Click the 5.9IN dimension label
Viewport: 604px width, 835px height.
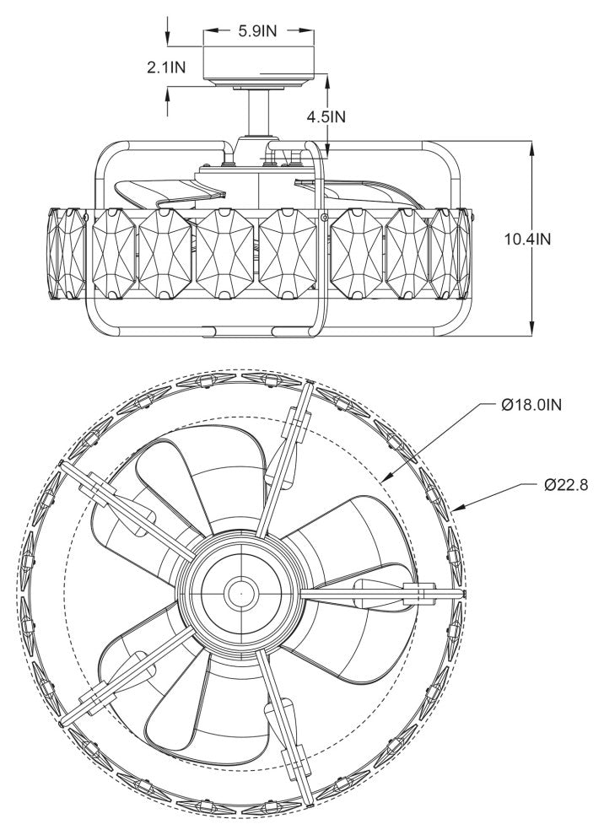(258, 31)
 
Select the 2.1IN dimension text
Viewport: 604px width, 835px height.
(167, 67)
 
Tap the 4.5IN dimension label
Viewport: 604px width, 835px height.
(326, 116)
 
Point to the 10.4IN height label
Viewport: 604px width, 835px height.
(528, 239)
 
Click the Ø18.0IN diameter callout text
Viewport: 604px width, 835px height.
(531, 405)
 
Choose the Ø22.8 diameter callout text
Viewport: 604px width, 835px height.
(566, 485)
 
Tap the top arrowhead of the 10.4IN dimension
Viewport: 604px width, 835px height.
(532, 148)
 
